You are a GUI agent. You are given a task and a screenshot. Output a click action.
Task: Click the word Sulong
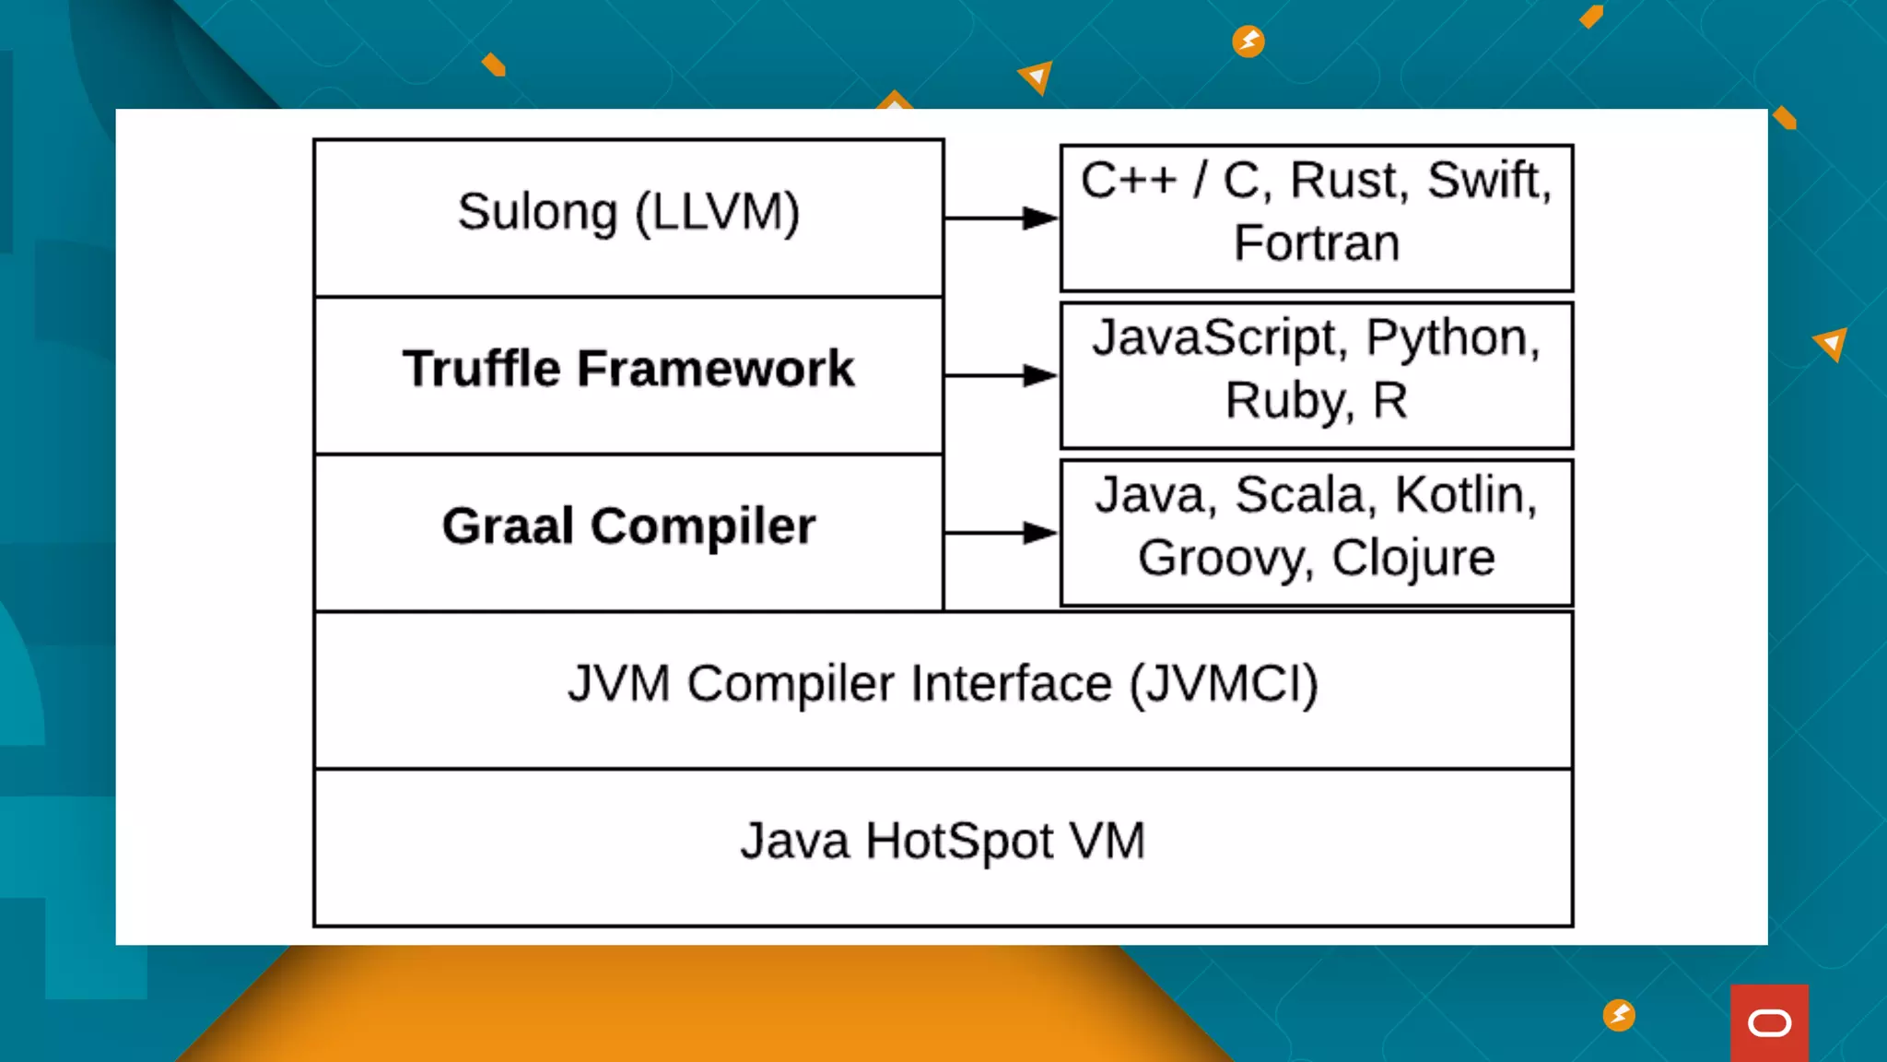tap(537, 212)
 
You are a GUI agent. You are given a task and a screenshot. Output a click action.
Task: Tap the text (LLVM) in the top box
tap(718, 212)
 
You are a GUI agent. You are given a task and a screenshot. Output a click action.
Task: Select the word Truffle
tap(481, 369)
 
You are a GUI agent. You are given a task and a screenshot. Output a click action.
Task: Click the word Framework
tap(716, 369)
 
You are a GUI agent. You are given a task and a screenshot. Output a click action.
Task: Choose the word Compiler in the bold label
tap(703, 525)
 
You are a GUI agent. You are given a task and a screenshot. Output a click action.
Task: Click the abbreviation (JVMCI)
tap(1224, 684)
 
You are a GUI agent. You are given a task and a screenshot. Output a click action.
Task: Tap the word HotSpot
tap(959, 841)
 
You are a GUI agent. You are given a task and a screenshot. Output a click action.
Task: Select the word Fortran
tap(1317, 243)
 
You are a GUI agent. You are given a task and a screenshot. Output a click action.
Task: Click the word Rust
tap(1349, 180)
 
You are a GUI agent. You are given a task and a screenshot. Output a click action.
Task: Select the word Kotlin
tap(1465, 495)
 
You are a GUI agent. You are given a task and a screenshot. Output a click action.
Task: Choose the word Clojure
tap(1413, 558)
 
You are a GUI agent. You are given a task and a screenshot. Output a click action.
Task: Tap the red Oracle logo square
tap(1769, 1022)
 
